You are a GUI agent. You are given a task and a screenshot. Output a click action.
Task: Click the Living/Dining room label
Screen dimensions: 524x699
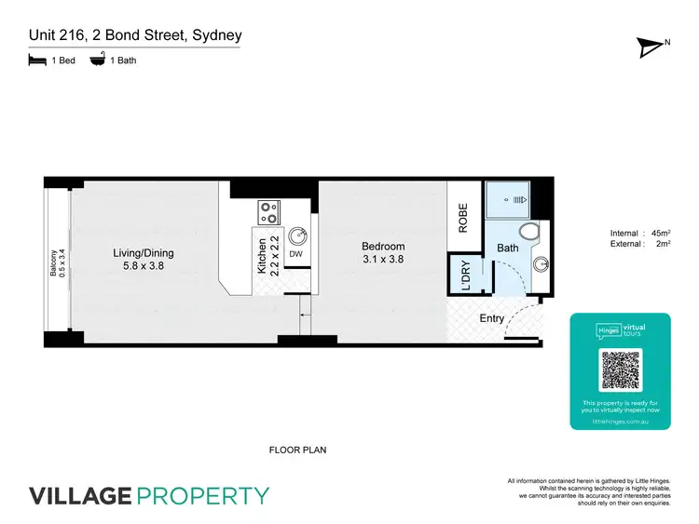(x=144, y=253)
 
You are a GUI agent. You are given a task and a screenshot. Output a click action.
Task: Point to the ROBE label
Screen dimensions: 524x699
(x=464, y=217)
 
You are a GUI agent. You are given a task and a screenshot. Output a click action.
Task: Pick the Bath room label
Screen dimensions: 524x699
(x=507, y=249)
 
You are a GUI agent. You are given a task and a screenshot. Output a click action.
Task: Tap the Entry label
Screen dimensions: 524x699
(x=491, y=318)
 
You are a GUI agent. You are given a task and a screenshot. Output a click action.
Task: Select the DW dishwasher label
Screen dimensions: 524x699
(x=295, y=253)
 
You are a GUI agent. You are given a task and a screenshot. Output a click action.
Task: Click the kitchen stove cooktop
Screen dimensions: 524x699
(x=270, y=212)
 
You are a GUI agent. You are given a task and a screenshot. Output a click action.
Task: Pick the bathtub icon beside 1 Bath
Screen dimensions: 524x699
(x=96, y=60)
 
